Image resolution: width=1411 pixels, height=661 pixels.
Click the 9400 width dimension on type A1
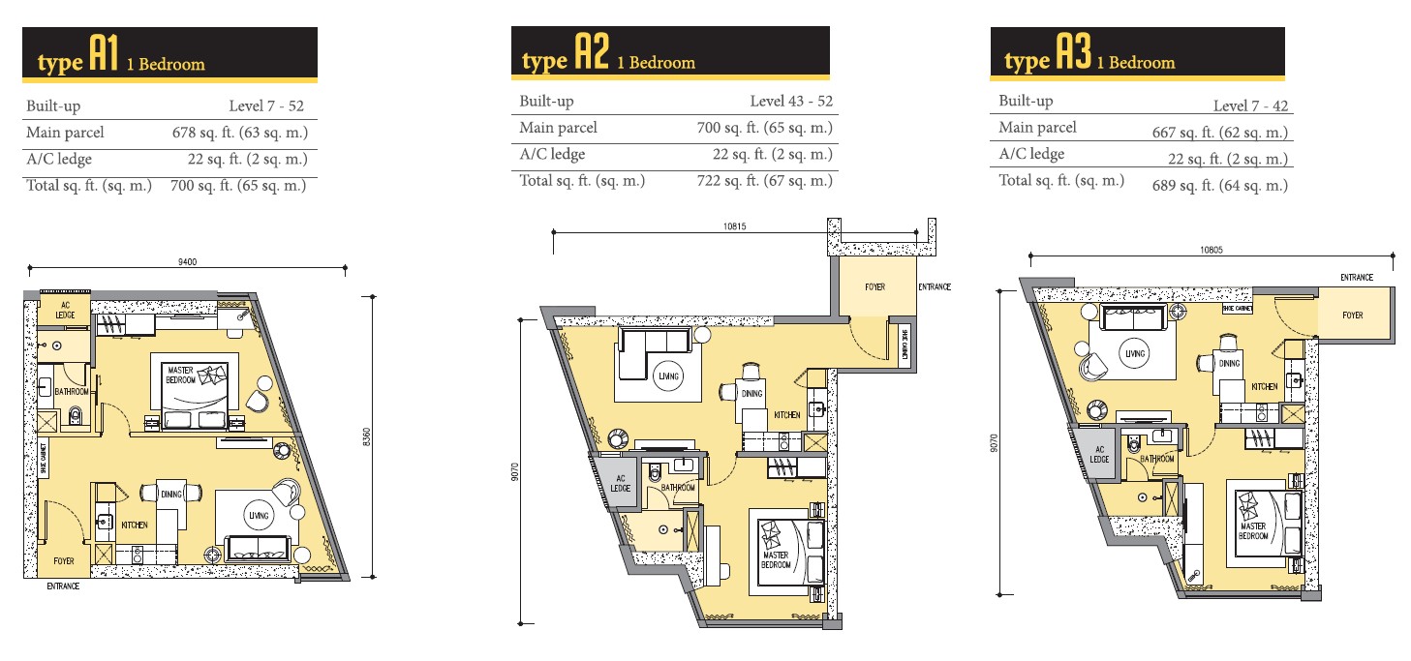click(x=187, y=262)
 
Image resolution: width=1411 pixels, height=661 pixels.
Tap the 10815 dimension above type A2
click(x=734, y=226)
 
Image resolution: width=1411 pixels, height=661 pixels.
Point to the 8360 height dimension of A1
click(x=367, y=436)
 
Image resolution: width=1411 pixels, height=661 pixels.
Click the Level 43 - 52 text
click(x=791, y=102)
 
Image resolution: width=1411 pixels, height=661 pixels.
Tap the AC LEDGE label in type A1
click(x=65, y=311)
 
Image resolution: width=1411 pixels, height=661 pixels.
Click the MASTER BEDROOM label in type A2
click(x=776, y=559)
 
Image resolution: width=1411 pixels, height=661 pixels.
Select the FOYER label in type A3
click(x=1353, y=315)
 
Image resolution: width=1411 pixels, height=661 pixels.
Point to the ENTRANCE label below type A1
click(x=63, y=586)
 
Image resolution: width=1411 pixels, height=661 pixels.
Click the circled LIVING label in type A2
click(x=668, y=376)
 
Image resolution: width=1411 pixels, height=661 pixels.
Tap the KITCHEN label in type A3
click(x=1264, y=386)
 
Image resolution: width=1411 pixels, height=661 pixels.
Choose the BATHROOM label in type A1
click(x=72, y=392)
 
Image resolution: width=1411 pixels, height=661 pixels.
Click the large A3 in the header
click(x=1073, y=51)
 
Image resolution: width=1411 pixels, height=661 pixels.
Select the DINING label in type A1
click(x=170, y=495)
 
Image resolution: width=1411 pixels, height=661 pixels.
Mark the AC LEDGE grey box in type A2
click(x=620, y=482)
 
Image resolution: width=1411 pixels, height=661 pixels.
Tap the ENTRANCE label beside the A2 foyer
click(x=935, y=287)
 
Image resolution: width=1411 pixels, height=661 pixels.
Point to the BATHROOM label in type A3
click(x=1156, y=459)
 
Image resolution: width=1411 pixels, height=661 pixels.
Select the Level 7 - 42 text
click(x=1250, y=106)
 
